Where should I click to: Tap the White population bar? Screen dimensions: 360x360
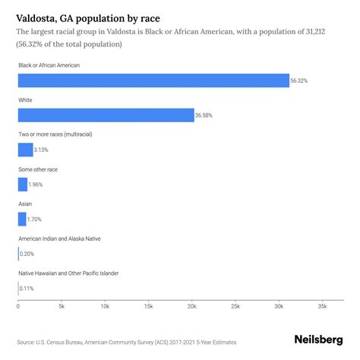coord(106,115)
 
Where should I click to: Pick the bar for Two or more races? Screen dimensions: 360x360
coord(25,150)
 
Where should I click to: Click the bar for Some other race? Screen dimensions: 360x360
coord(22,185)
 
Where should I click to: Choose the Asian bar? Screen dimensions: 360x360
coord(21,219)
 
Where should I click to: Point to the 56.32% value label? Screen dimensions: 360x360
coord(301,81)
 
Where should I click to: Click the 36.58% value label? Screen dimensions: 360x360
coord(206,115)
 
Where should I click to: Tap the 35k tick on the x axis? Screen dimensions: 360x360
coord(322,307)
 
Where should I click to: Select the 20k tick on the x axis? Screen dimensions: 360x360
coord(191,307)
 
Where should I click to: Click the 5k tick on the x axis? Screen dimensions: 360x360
coord(62,307)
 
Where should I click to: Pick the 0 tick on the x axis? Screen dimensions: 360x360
coord(18,307)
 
